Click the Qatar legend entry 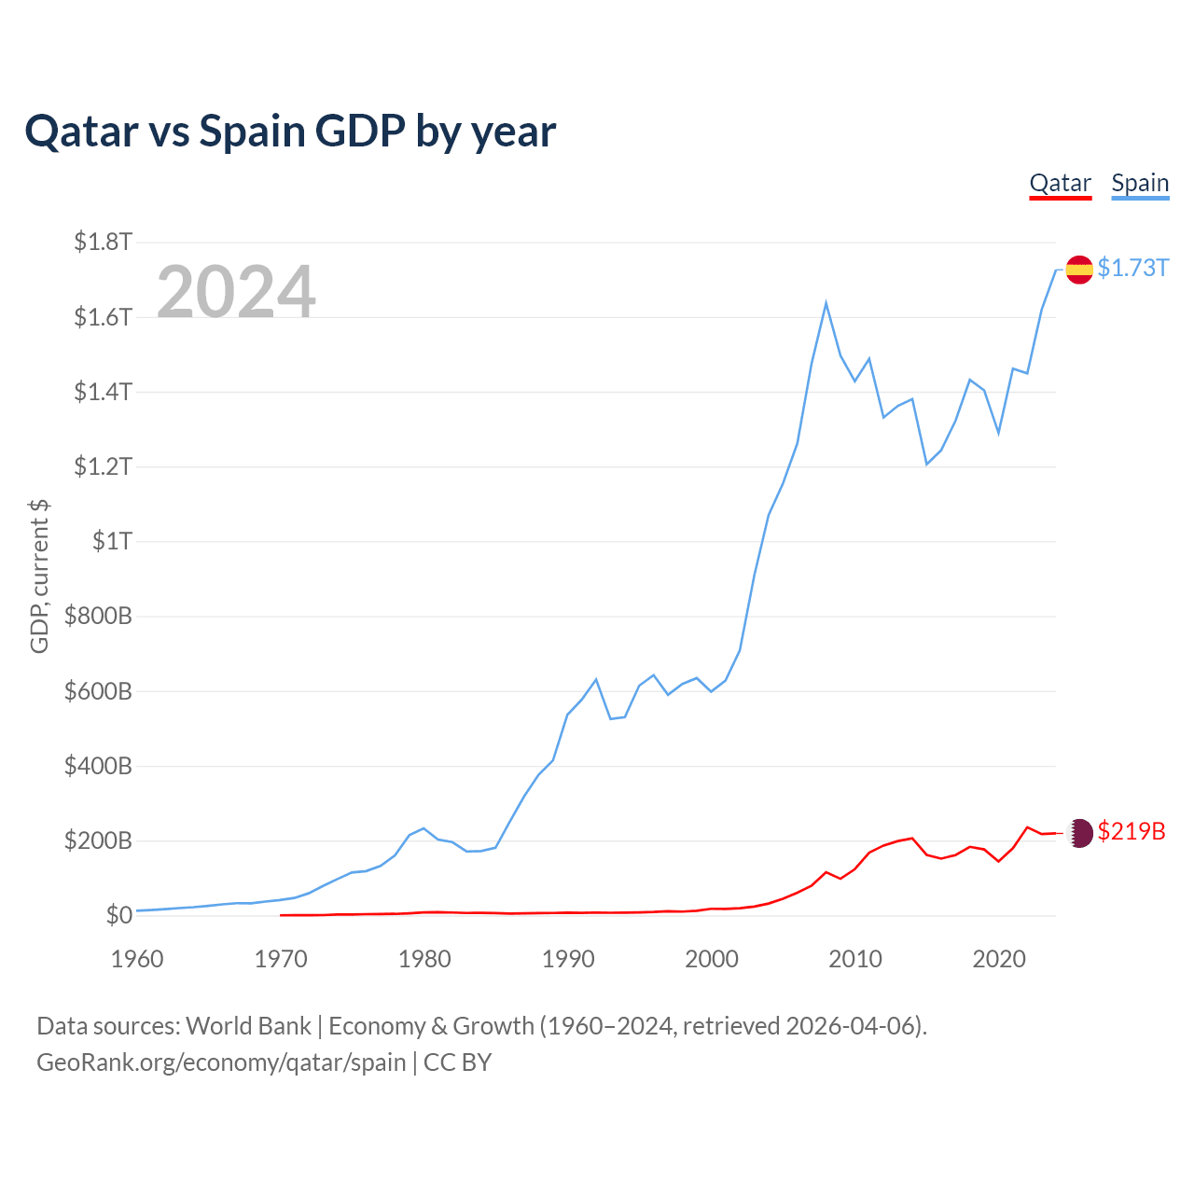click(1060, 183)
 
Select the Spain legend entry click(1140, 183)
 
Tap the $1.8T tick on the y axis click(103, 243)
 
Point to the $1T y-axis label click(112, 541)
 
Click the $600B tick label click(98, 691)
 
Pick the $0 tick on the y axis click(118, 915)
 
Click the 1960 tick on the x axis click(137, 959)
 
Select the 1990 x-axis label click(568, 959)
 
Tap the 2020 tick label click(999, 959)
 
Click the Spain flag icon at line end click(1079, 270)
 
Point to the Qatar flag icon click(1079, 832)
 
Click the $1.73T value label click(1132, 269)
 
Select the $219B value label click(1132, 831)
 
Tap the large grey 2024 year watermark click(236, 292)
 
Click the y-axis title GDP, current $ click(39, 576)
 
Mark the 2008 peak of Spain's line click(826, 303)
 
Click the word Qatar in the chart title click(81, 131)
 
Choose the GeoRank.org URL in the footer click(221, 1062)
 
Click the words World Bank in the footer click(248, 1026)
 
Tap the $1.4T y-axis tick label click(103, 392)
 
